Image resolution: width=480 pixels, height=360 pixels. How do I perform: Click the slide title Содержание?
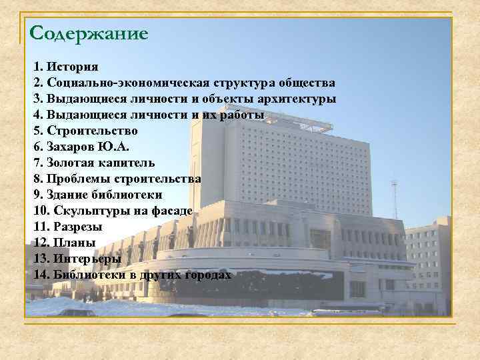pos(89,32)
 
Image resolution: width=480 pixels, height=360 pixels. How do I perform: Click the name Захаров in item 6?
pos(71,147)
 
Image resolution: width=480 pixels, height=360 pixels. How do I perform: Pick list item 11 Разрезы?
pos(78,227)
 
